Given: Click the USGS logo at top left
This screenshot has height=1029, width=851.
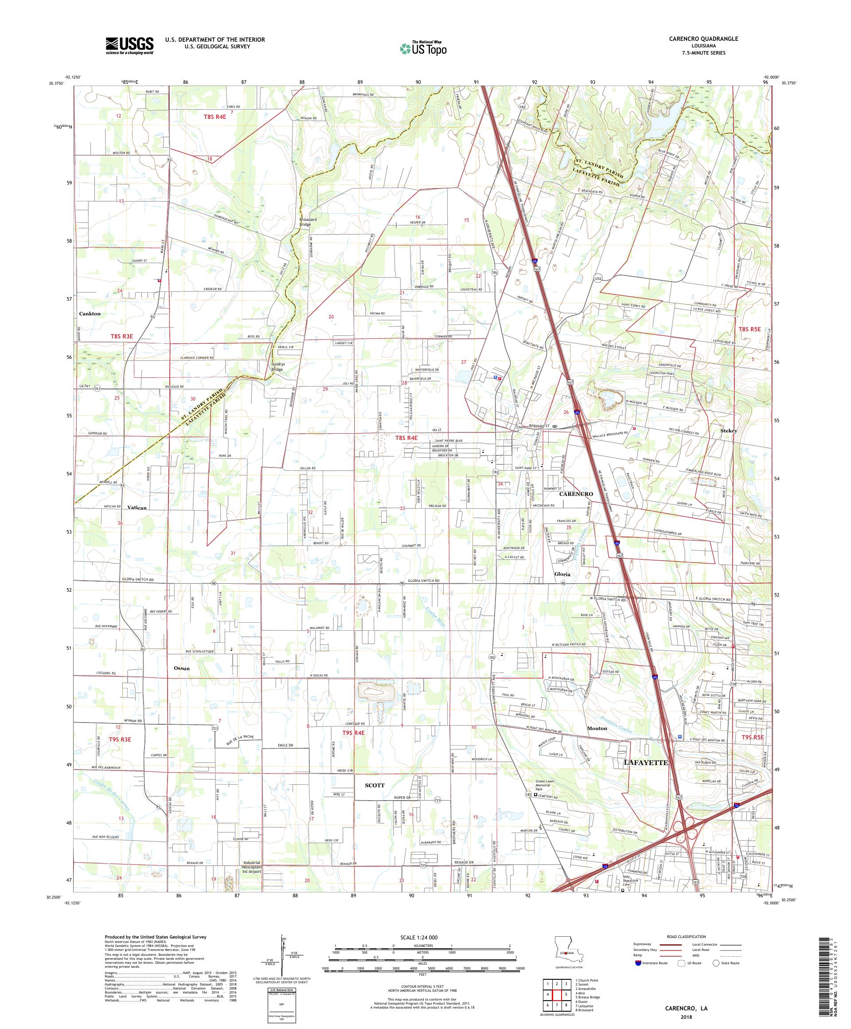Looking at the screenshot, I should [129, 46].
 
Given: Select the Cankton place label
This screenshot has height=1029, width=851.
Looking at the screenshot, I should [90, 314].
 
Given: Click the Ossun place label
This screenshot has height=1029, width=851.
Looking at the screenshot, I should [181, 668].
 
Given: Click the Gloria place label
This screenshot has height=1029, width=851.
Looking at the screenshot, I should [562, 574].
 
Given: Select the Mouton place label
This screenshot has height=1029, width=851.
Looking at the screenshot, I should [597, 728].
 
